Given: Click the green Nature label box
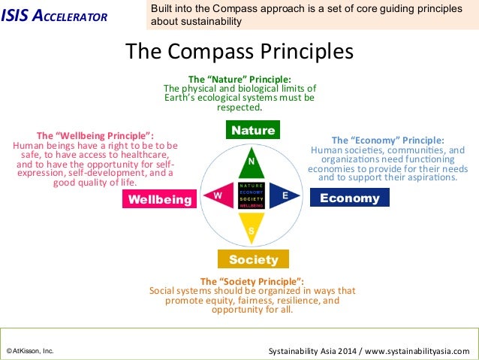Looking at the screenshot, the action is coord(253,130).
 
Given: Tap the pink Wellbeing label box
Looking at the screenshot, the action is coord(159,198).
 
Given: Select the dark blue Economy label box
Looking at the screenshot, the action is coord(349,198).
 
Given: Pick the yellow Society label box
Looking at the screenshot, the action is coord(253,259).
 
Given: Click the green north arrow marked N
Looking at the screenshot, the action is coord(252,163).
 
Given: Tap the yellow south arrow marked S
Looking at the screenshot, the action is coord(252,225).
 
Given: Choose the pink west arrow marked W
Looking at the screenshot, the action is coord(219,195).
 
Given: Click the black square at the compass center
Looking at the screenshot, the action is coord(252,195).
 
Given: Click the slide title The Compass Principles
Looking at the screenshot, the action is coord(239,52).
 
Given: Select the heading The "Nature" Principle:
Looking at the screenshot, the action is coord(239,79).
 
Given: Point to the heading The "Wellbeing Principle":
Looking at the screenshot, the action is coord(95,135).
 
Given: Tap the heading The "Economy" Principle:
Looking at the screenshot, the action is coord(387,140).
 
